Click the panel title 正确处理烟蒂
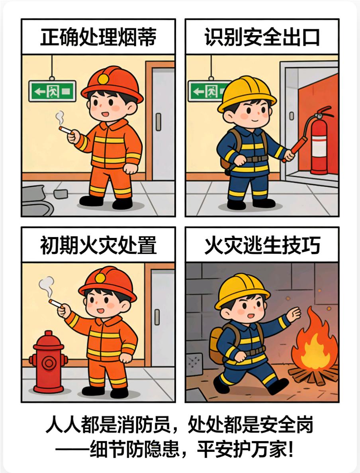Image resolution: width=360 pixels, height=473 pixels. tap(98, 37)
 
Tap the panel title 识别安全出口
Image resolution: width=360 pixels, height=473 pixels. tap(262, 37)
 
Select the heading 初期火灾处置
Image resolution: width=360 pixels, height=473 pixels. tap(98, 245)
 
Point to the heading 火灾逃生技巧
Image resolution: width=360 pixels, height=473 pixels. tap(262, 245)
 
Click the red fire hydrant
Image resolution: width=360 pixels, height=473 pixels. tap(48, 361)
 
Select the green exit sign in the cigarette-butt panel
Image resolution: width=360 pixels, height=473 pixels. tap(52, 91)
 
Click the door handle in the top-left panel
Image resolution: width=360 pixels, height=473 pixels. tap(158, 122)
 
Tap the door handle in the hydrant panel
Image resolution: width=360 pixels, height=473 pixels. tap(157, 317)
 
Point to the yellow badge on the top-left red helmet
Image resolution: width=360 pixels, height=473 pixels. tap(104, 79)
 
